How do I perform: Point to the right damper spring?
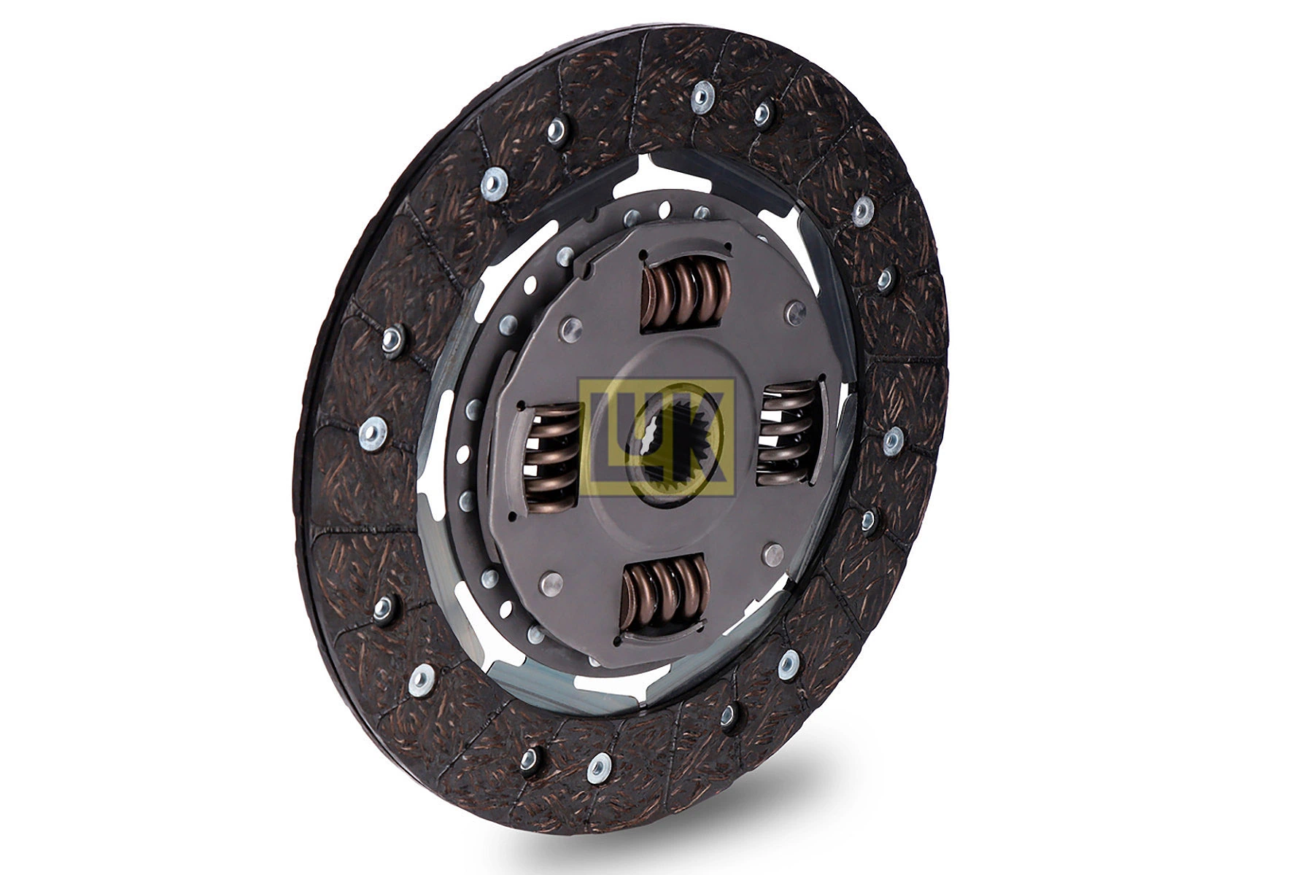tap(789, 435)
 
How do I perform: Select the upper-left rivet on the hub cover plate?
tap(570, 329)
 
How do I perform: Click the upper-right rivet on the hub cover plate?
tap(794, 313)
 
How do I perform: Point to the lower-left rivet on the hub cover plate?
tap(551, 584)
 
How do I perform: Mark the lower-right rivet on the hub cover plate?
tap(772, 554)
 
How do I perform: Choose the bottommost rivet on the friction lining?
tap(599, 769)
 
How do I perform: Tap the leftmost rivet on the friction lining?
tap(373, 434)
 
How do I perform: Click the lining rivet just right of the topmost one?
tap(762, 111)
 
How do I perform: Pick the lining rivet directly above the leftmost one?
tap(392, 338)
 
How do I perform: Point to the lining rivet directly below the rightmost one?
tap(868, 520)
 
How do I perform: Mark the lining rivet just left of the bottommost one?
tap(529, 758)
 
